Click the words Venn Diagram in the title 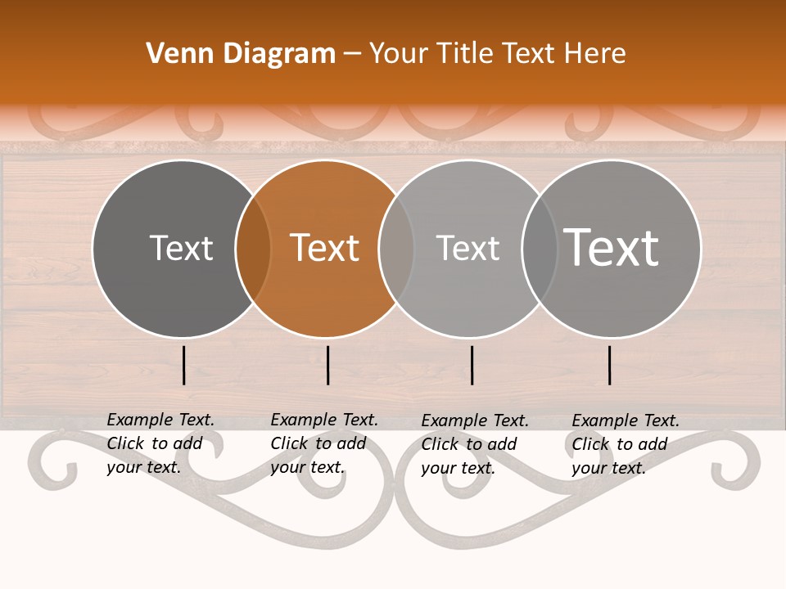[241, 54]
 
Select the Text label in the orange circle [325, 248]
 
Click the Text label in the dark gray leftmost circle [181, 248]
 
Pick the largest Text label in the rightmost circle [612, 247]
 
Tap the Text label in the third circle [468, 248]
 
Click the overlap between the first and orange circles [253, 248]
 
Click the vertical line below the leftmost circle [184, 365]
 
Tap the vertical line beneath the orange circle [327, 365]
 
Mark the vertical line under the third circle [472, 365]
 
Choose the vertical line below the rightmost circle [610, 365]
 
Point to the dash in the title [352, 54]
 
